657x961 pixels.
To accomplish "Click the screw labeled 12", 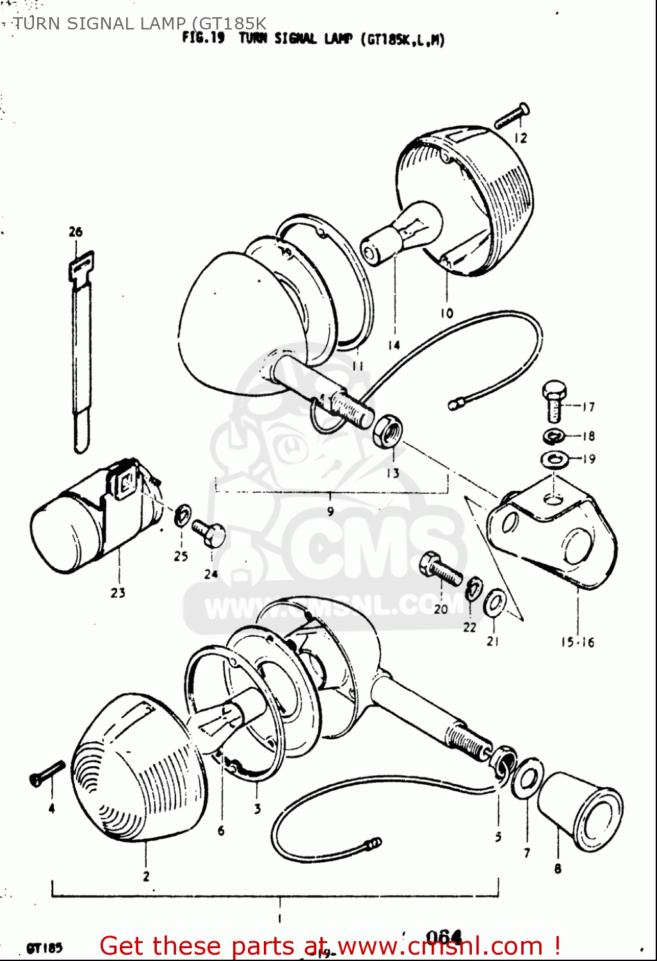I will click(512, 117).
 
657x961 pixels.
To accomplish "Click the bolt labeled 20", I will click(441, 570).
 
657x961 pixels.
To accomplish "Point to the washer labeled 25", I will click(182, 514).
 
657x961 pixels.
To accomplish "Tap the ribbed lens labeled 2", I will click(138, 769).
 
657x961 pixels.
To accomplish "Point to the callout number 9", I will click(330, 511).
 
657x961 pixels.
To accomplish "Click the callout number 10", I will click(446, 313).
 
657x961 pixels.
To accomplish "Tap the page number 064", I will click(444, 937).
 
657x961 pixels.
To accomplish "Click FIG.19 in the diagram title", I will click(203, 38).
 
